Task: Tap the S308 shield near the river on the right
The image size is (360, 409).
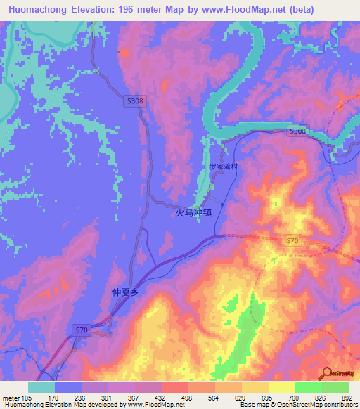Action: [x=298, y=131]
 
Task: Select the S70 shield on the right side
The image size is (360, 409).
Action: [x=293, y=242]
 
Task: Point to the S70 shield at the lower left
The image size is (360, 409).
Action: [x=82, y=330]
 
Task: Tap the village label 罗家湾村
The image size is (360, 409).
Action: [x=224, y=167]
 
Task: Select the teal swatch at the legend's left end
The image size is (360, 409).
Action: [x=41, y=387]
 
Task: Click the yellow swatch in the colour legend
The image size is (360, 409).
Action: [x=282, y=387]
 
